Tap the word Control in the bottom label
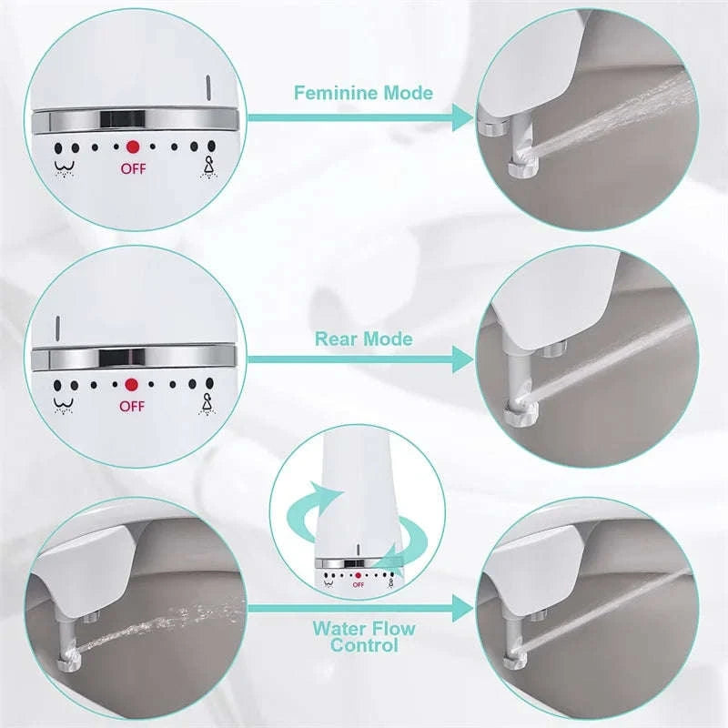(x=364, y=645)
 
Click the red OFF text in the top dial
(x=133, y=168)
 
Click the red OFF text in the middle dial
(x=132, y=406)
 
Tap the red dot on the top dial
(x=133, y=146)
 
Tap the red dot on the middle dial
(x=132, y=384)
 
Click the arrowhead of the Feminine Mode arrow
(x=463, y=116)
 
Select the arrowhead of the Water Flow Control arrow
(x=463, y=608)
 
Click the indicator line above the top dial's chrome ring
(x=209, y=89)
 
